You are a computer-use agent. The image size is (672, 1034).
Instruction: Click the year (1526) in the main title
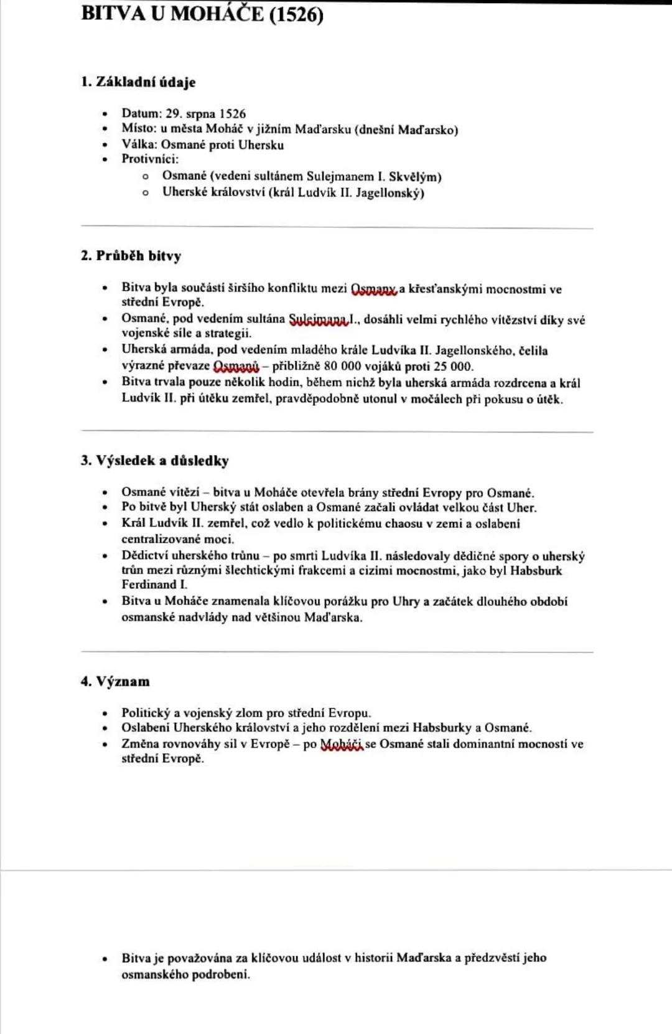point(296,14)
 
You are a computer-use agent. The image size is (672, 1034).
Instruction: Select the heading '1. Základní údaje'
point(138,82)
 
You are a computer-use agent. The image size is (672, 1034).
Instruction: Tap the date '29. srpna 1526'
point(205,114)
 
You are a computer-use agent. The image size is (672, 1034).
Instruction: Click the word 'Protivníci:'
point(150,159)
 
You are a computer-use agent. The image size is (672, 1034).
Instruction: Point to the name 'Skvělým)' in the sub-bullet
point(415,177)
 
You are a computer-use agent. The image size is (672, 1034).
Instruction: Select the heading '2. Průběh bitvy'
point(131,256)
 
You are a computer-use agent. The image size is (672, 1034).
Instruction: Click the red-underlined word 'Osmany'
point(373,289)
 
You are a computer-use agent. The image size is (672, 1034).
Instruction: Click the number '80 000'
point(342,366)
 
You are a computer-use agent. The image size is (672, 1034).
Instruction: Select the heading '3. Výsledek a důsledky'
point(154,461)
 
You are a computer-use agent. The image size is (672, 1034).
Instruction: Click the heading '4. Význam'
point(115,682)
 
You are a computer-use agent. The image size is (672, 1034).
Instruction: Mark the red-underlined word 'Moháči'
point(341,745)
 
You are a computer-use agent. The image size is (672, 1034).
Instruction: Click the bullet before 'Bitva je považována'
point(106,959)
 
